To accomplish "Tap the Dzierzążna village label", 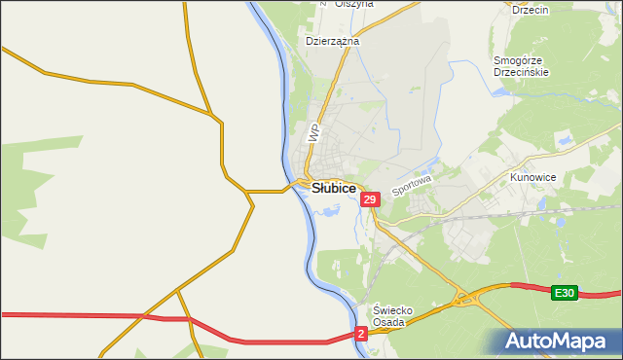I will pos(333,42).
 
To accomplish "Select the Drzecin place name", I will pos(531,10).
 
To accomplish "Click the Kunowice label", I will pos(532,178).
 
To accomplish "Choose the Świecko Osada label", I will pos(395,316).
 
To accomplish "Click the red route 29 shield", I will pos(369,199).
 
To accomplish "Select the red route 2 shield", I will pos(361,334).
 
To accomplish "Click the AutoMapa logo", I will pos(557,342).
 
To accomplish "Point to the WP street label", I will pos(313,133).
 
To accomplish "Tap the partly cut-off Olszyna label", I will pos(354,4).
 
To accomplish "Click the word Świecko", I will pos(395,310).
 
